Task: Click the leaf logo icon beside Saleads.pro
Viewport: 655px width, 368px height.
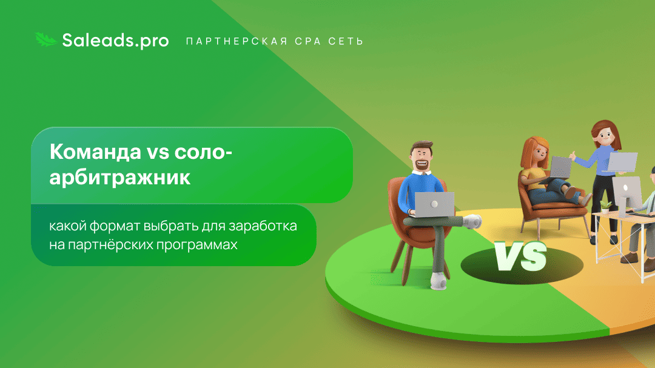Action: point(45,40)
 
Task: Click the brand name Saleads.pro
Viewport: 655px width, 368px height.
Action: point(107,40)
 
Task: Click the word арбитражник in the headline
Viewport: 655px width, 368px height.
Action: point(120,178)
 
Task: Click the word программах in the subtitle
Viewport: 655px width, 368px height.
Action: point(203,246)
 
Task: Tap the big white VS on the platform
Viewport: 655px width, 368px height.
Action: point(520,257)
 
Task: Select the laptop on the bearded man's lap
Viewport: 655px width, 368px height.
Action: point(432,203)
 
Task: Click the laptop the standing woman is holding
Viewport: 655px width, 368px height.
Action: point(623,162)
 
